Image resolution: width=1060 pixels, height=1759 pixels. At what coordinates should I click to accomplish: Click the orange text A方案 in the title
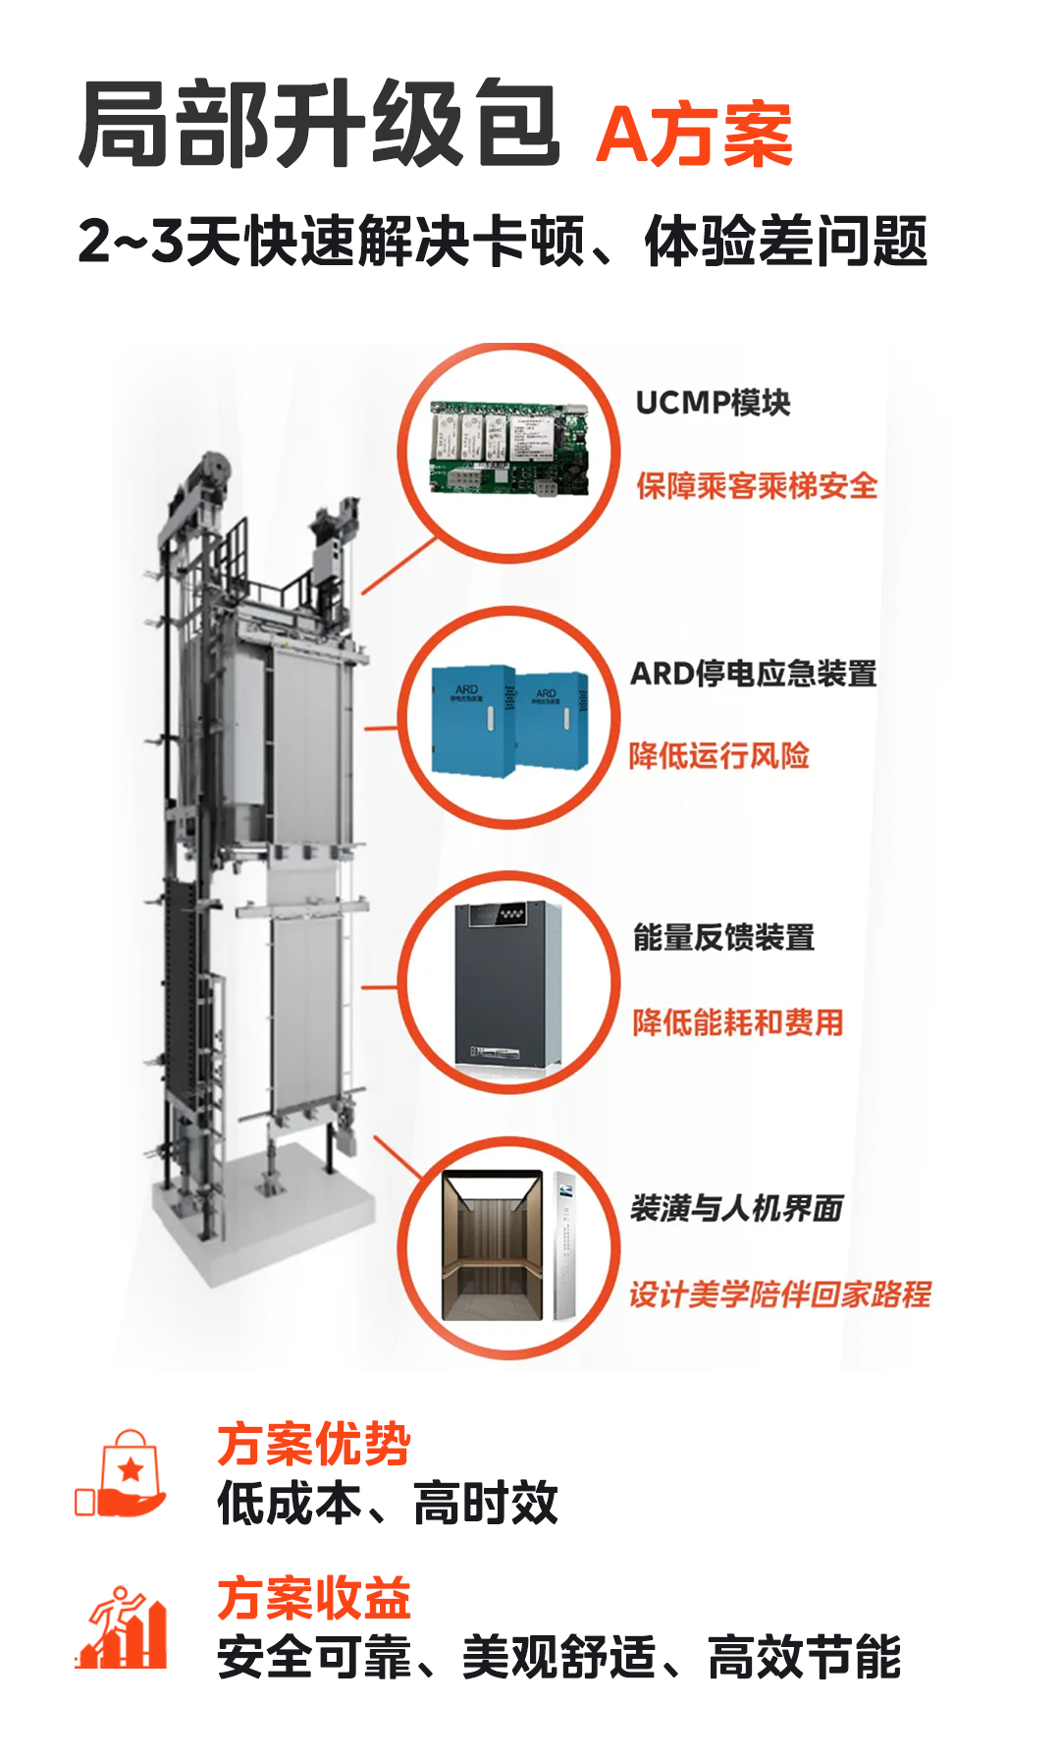[x=694, y=136]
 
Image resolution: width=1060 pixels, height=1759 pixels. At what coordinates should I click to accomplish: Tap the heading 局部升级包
[x=319, y=124]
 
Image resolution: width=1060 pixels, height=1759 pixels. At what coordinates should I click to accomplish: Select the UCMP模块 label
[x=713, y=403]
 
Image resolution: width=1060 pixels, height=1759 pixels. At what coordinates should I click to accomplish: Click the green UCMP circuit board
[x=509, y=449]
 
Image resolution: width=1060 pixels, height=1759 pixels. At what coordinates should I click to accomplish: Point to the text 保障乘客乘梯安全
[x=757, y=485]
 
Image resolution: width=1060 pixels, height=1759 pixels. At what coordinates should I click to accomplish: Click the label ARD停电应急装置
[x=754, y=674]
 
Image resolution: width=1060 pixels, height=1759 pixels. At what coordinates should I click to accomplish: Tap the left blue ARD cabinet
[x=474, y=720]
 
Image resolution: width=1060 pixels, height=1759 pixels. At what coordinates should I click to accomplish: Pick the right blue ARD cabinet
[x=553, y=720]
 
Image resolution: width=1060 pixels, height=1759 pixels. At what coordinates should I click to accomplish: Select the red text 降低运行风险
[x=719, y=755]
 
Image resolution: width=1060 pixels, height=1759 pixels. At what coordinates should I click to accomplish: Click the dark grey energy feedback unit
[x=507, y=983]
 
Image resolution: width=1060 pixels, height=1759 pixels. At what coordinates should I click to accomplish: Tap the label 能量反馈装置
[x=723, y=938]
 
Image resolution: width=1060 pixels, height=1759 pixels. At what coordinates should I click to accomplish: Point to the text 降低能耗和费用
[x=738, y=1022]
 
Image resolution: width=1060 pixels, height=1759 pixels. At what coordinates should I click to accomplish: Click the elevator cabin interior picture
[x=492, y=1245]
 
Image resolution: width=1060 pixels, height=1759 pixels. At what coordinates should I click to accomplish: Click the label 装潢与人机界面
[x=737, y=1208]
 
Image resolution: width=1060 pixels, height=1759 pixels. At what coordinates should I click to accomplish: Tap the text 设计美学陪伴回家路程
[x=780, y=1294]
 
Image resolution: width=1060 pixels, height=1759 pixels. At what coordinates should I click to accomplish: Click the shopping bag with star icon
[x=121, y=1473]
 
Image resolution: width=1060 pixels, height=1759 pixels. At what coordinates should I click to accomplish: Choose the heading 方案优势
[x=314, y=1445]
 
